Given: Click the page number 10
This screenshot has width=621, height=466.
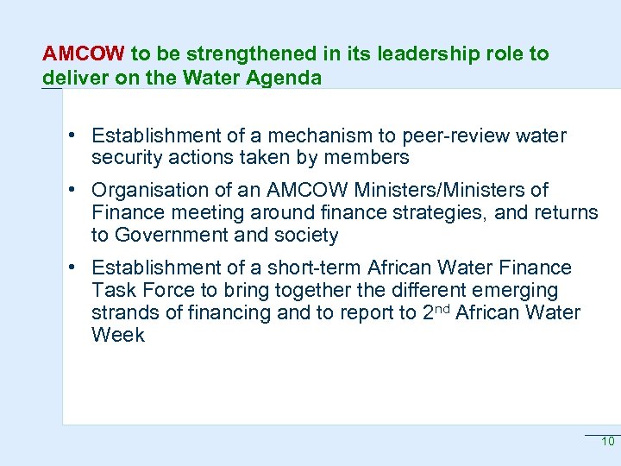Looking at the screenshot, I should (x=607, y=442).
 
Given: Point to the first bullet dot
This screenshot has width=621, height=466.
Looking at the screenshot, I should (x=77, y=135).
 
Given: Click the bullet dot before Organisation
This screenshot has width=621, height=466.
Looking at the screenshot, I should (x=77, y=190).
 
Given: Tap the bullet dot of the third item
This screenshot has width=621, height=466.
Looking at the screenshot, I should (x=77, y=268).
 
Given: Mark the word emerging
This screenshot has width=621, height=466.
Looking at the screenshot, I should (x=514, y=290).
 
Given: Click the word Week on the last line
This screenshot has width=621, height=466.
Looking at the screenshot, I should (x=118, y=335).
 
